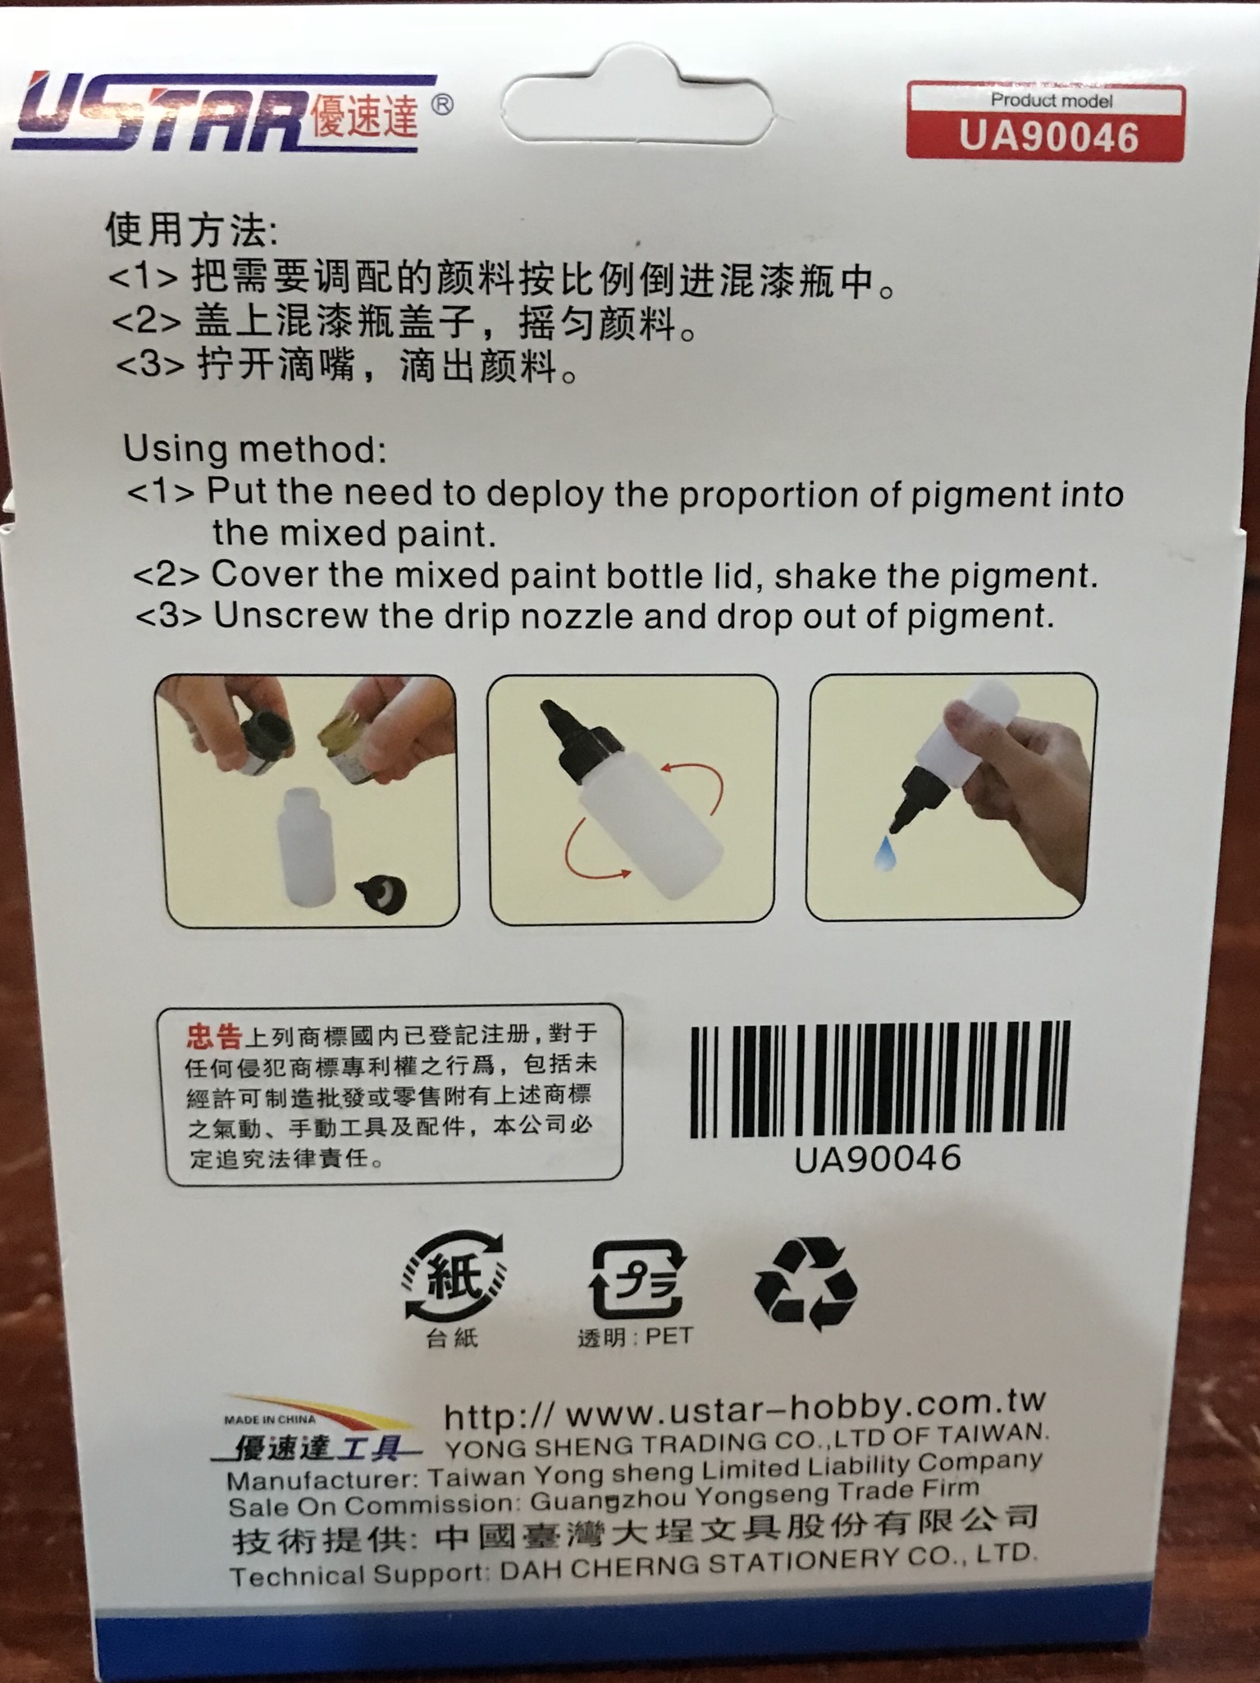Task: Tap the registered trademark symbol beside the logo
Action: (x=441, y=105)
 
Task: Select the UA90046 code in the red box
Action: (x=1049, y=136)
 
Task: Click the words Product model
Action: (x=1052, y=101)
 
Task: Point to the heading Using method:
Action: (x=254, y=449)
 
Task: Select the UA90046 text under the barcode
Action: (x=878, y=1159)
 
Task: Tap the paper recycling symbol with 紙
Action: (x=453, y=1279)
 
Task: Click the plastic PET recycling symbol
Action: (x=637, y=1279)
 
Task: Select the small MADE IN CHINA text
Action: (x=269, y=1420)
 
